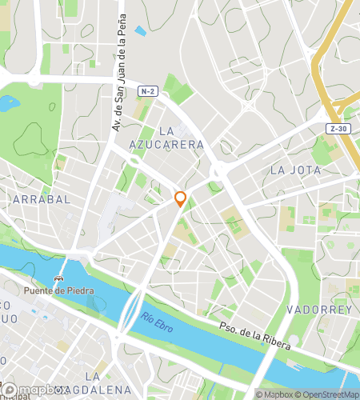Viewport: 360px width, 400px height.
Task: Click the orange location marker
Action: pyautogui.click(x=181, y=198)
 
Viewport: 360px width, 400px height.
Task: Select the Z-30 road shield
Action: pyautogui.click(x=338, y=128)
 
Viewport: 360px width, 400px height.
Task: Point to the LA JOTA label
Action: pyautogui.click(x=295, y=170)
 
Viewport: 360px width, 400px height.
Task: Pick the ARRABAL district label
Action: pyautogui.click(x=42, y=198)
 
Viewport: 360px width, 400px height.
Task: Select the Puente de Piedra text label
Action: pyautogui.click(x=58, y=290)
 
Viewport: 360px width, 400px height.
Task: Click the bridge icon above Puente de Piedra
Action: pyautogui.click(x=58, y=278)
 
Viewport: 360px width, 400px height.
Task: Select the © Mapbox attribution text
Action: pyautogui.click(x=275, y=394)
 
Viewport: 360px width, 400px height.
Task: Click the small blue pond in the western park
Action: pyautogui.click(x=9, y=102)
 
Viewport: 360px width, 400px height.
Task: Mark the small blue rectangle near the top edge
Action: pyautogui.click(x=141, y=31)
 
